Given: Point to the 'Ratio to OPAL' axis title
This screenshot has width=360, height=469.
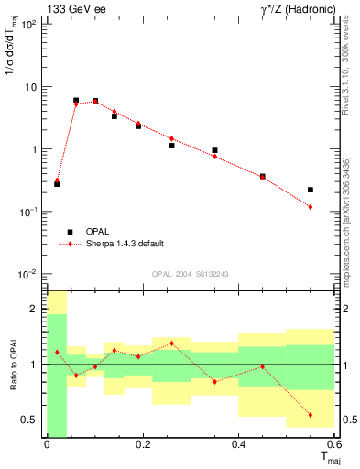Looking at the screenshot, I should (13, 364).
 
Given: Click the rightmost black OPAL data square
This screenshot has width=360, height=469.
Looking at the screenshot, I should (311, 190).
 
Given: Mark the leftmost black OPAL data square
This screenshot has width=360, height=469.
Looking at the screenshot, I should (57, 184).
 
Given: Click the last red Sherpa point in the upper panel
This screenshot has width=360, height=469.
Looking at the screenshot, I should (311, 207).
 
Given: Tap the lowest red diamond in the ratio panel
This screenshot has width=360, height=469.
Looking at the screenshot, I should (311, 415).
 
